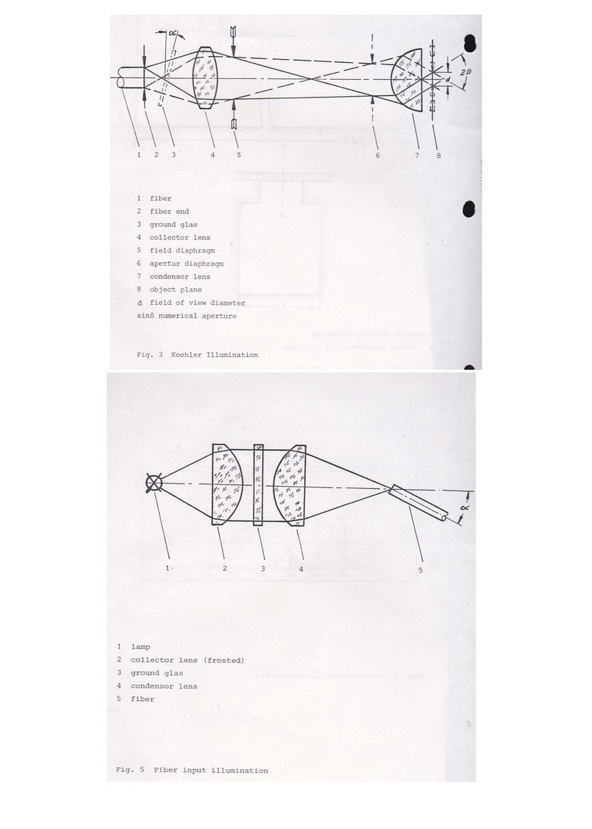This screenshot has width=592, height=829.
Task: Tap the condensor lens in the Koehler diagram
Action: (408, 80)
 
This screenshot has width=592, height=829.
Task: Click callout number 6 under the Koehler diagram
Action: (378, 155)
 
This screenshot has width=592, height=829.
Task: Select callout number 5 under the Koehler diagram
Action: (239, 154)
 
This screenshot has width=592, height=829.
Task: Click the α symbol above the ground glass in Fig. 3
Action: (172, 34)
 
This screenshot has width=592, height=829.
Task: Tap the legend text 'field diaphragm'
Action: (182, 250)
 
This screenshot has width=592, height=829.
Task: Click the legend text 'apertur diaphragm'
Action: (187, 263)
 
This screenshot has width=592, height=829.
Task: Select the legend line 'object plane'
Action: (170, 289)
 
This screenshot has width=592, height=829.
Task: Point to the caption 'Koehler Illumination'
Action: (215, 355)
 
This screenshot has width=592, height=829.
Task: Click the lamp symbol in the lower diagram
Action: (154, 484)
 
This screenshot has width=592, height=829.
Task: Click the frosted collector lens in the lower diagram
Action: (227, 484)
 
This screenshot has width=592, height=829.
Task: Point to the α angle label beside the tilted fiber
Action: (465, 507)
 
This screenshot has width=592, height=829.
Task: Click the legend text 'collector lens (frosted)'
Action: (187, 660)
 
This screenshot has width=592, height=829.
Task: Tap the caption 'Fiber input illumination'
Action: (210, 771)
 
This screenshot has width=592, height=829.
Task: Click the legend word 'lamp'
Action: (141, 647)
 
